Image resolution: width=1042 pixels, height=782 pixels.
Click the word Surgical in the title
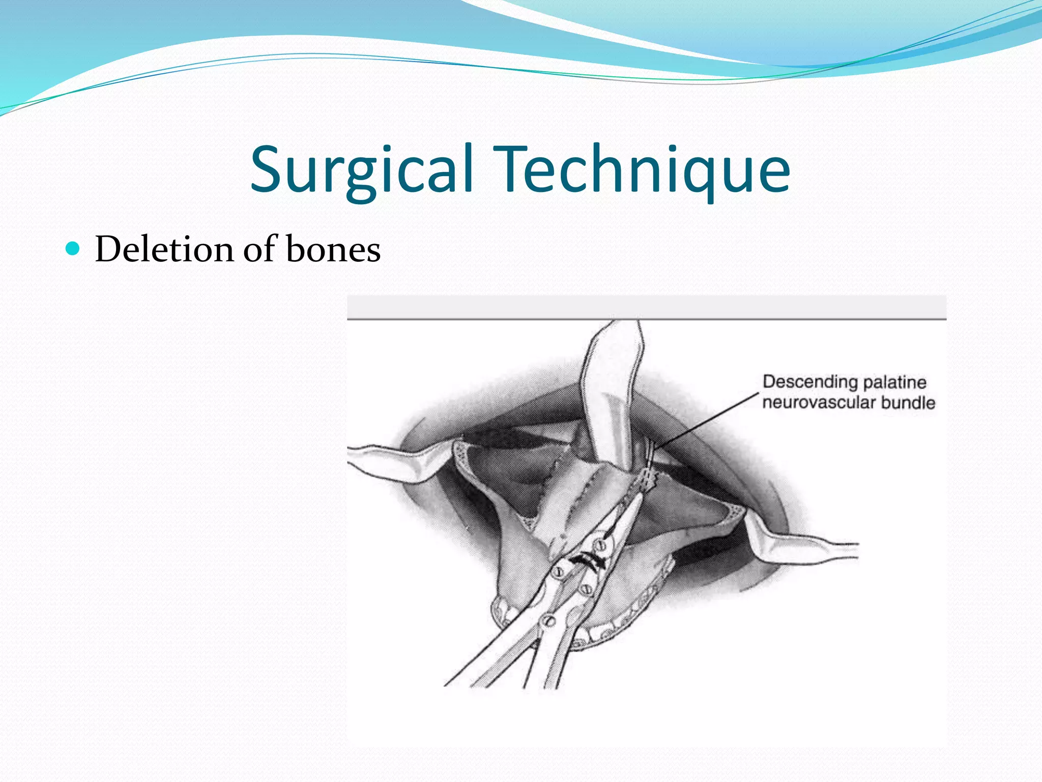pos(361,171)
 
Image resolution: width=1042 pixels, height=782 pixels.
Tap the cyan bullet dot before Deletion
pos(74,249)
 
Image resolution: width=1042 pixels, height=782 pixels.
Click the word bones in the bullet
pos(333,249)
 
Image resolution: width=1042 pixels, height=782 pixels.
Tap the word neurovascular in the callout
pos(819,403)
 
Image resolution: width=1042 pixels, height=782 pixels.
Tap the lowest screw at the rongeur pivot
pos(548,620)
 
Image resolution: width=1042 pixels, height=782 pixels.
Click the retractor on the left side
pos(392,461)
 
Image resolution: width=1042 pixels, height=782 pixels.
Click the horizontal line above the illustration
pos(646,319)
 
